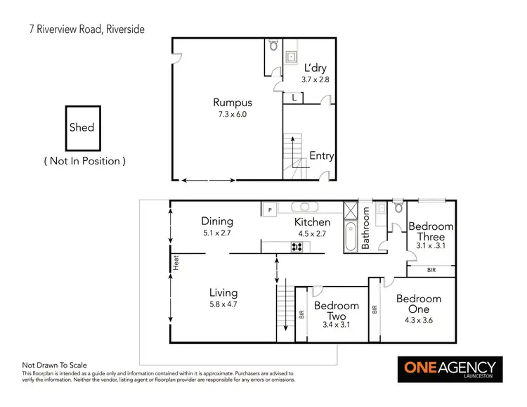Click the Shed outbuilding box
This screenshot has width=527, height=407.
[x=82, y=128]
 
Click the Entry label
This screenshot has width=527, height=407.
[x=321, y=156]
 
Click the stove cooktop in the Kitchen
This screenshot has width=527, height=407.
[x=297, y=246]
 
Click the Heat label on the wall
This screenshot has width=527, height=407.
[x=176, y=262]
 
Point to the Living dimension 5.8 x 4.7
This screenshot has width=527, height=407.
[x=223, y=304]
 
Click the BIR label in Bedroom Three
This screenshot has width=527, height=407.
[x=430, y=270]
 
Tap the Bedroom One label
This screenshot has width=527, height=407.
[x=419, y=304]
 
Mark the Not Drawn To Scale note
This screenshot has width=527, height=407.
[x=54, y=365]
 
